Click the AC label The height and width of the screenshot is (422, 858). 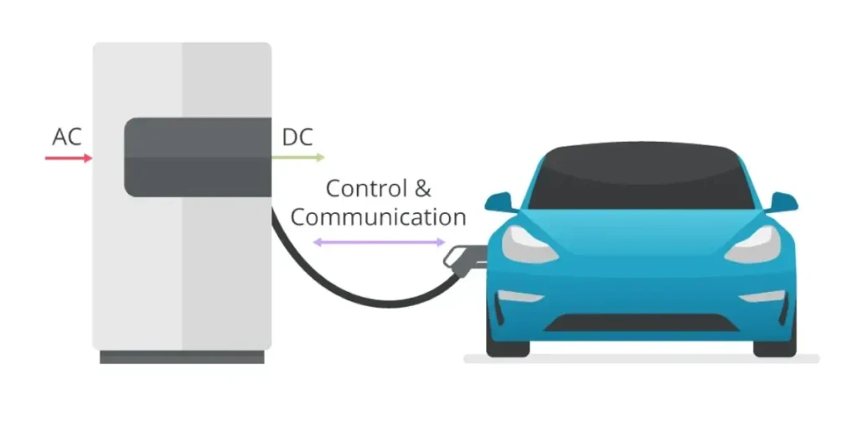click(67, 137)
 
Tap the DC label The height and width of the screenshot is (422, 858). click(297, 137)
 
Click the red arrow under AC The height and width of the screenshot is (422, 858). click(69, 159)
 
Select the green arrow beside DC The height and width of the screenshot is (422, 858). click(298, 158)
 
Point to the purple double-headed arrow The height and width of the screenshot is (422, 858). click(380, 242)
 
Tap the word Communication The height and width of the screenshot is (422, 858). click(378, 217)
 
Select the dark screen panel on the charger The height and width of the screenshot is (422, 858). click(198, 157)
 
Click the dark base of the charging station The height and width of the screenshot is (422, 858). click(182, 357)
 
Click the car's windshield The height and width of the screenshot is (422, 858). click(641, 178)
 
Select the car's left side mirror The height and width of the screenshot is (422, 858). click(500, 202)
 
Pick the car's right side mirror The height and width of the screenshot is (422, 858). click(782, 202)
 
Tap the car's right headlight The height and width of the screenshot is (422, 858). click(753, 244)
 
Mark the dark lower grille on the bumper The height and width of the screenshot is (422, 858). click(641, 322)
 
